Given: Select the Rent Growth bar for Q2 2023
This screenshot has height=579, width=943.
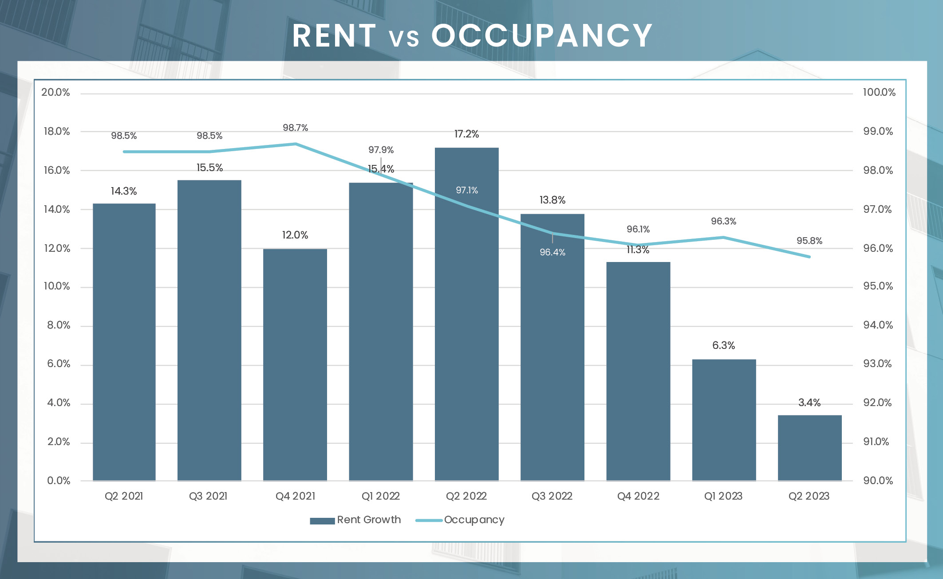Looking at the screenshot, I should [809, 448].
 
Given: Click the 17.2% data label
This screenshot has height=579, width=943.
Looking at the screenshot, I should [466, 134].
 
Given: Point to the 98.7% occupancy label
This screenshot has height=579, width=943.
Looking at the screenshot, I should [296, 128].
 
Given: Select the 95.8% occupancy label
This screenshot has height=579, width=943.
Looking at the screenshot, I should [809, 241].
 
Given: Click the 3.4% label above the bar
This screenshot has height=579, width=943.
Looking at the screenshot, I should [809, 403].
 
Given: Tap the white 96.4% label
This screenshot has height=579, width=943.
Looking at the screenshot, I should [552, 252].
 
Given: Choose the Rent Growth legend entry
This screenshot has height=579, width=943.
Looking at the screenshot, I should [355, 520].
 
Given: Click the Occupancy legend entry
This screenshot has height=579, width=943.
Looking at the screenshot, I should [460, 520].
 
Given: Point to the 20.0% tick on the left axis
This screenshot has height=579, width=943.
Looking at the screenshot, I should [56, 92].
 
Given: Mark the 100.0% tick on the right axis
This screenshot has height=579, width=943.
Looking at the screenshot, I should [879, 92].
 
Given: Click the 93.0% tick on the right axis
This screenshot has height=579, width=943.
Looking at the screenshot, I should [877, 364].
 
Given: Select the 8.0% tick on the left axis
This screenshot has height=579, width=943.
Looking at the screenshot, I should [59, 325].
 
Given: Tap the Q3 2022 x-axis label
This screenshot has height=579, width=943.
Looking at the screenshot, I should [552, 496].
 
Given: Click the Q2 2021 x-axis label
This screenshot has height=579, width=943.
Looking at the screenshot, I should [124, 496].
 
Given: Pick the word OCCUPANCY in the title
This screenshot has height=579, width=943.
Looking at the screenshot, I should [541, 35].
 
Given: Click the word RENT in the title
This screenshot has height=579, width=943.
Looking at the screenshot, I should [334, 35].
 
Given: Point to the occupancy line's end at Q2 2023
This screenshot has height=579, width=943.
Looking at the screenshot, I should [809, 257].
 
